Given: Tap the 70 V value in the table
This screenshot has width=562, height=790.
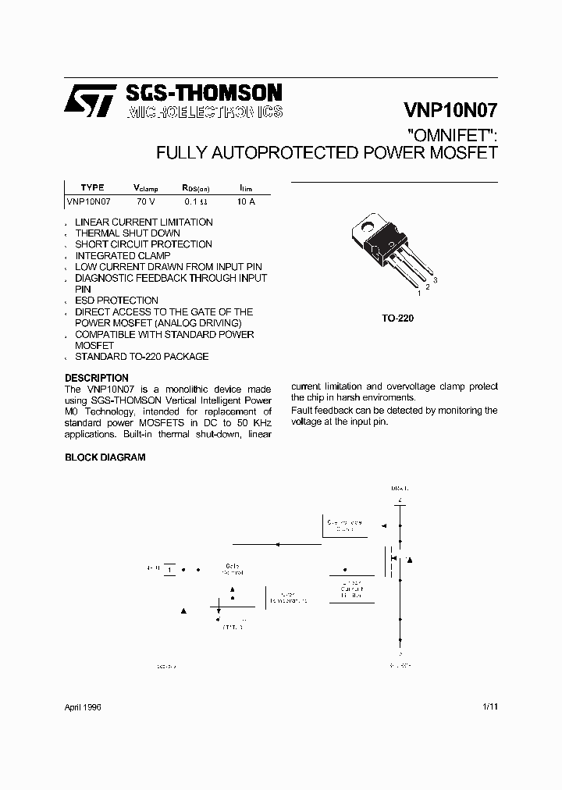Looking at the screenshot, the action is [x=146, y=201].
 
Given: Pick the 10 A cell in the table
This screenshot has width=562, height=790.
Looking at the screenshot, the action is [x=246, y=201].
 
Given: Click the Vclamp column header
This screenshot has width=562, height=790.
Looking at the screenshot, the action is [x=146, y=188].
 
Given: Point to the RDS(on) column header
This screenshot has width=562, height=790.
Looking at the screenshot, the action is [x=196, y=188].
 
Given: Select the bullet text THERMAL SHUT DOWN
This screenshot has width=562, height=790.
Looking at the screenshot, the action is [x=127, y=233].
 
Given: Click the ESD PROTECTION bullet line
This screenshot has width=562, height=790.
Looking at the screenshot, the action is [x=116, y=301].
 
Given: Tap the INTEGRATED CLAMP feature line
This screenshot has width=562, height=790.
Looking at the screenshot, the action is [x=122, y=255].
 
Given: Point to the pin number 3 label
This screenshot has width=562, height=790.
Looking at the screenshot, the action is [x=435, y=279].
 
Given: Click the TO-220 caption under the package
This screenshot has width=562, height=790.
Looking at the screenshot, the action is [x=398, y=318].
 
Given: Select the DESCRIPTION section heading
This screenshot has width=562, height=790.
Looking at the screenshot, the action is [x=96, y=378].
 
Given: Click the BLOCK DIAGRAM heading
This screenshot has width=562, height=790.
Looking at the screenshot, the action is [x=105, y=457].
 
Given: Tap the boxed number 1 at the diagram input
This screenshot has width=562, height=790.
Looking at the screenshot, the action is [x=169, y=569].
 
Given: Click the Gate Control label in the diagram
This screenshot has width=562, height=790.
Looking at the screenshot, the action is [x=233, y=569].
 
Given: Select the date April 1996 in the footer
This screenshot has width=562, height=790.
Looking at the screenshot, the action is [x=83, y=706].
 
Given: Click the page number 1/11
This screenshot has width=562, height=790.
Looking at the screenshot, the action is [x=489, y=706].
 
